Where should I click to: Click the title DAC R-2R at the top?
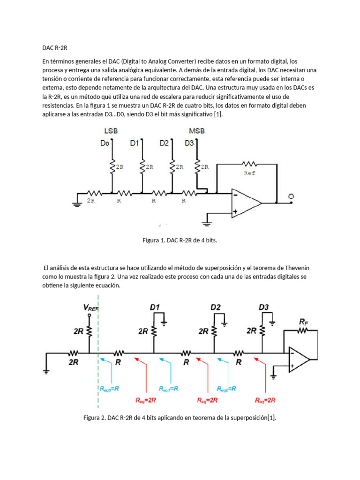tap(55, 48)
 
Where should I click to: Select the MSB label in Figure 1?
tap(197, 132)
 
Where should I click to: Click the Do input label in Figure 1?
tap(105, 143)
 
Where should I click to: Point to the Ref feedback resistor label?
tap(250, 173)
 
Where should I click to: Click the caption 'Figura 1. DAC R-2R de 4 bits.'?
tap(180, 240)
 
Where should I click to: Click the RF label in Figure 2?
tap(304, 322)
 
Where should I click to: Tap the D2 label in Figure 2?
tap(216, 307)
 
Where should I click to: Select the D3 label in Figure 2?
tap(264, 307)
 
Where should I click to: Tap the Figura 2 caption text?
tap(180, 418)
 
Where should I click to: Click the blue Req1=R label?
tap(171, 389)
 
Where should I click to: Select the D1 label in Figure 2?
tap(155, 307)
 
